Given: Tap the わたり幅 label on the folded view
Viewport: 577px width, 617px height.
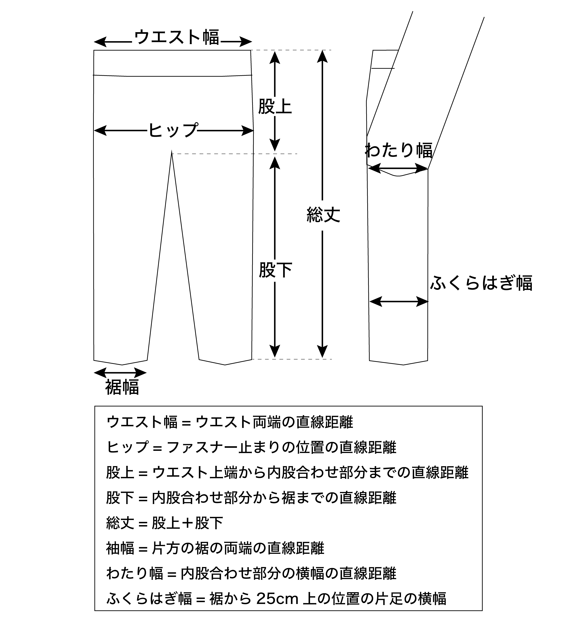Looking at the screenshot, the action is [x=398, y=150].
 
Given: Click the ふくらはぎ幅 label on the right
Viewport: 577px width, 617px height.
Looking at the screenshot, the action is [x=481, y=283].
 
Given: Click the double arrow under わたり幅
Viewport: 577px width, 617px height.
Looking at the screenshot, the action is [x=398, y=169].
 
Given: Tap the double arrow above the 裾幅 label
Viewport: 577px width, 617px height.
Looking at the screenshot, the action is [x=120, y=373].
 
